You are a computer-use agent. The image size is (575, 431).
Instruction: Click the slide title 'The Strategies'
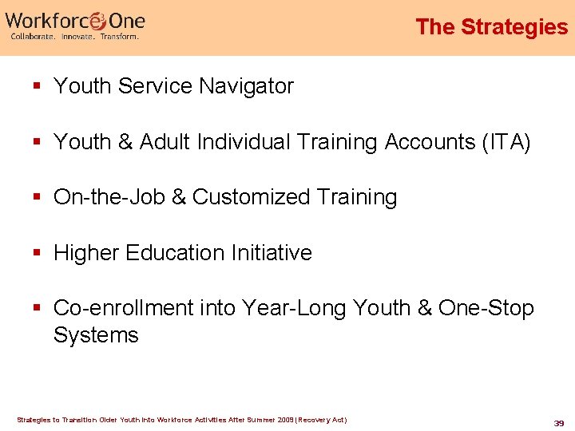pos(491,27)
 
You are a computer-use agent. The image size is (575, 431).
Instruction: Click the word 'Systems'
pos(96,334)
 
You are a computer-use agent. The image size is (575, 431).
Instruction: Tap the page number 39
pos(559,422)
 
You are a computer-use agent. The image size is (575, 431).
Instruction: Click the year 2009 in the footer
pos(287,420)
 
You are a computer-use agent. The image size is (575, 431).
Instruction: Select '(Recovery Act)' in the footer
pos(323,420)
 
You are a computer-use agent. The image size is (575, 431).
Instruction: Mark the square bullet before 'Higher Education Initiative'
pos(38,254)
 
